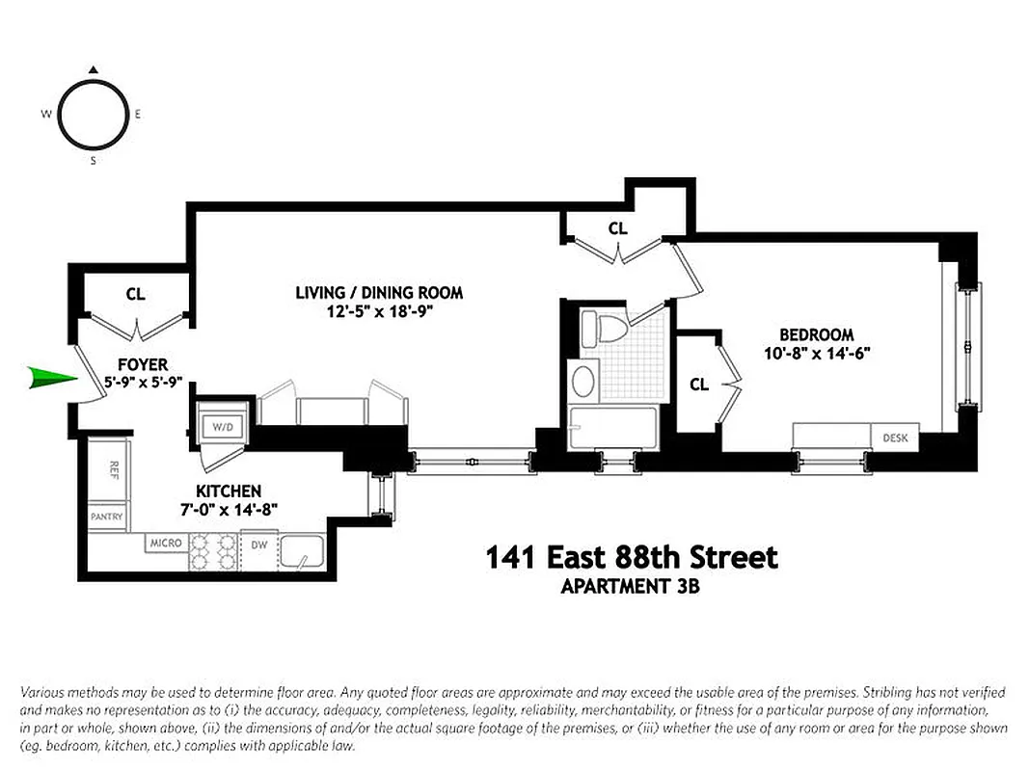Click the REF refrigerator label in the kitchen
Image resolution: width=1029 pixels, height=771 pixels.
pos(113,471)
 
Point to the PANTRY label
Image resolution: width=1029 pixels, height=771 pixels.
pos(106,517)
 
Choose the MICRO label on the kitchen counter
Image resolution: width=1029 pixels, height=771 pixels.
pos(166,544)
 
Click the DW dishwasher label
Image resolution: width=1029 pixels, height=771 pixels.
pos(258,545)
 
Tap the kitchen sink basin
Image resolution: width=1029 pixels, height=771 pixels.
pos(303,554)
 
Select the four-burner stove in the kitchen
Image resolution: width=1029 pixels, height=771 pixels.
pos(213,552)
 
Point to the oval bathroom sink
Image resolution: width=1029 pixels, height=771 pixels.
pos(584,382)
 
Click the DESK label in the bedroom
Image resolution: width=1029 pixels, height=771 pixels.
pos(895,438)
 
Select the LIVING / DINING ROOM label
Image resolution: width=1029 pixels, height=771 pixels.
pos(379,292)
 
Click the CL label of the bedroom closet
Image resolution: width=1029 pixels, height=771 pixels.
pos(699,385)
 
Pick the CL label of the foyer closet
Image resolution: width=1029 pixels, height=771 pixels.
pos(135,294)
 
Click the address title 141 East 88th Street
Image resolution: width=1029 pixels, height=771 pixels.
pos(631,558)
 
